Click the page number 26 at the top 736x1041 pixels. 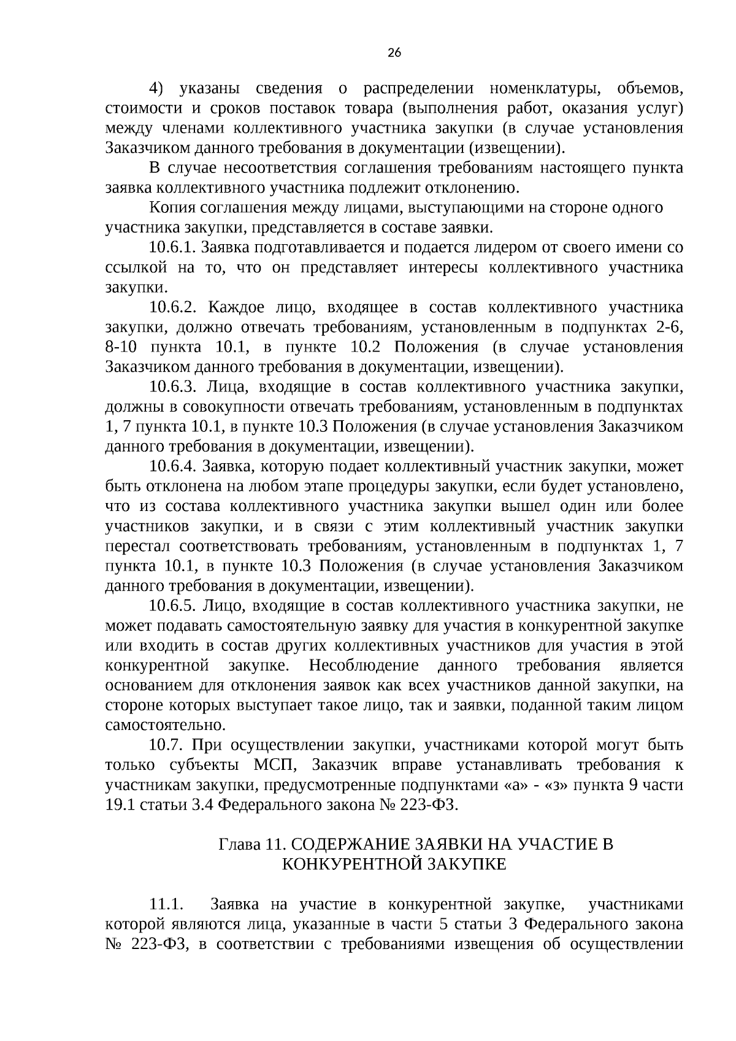pos(394,53)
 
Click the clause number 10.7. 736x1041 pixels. pos(165,746)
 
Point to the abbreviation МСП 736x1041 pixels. pos(277,766)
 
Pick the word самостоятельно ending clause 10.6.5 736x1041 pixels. pos(164,726)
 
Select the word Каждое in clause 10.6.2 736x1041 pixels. pos(231,308)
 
